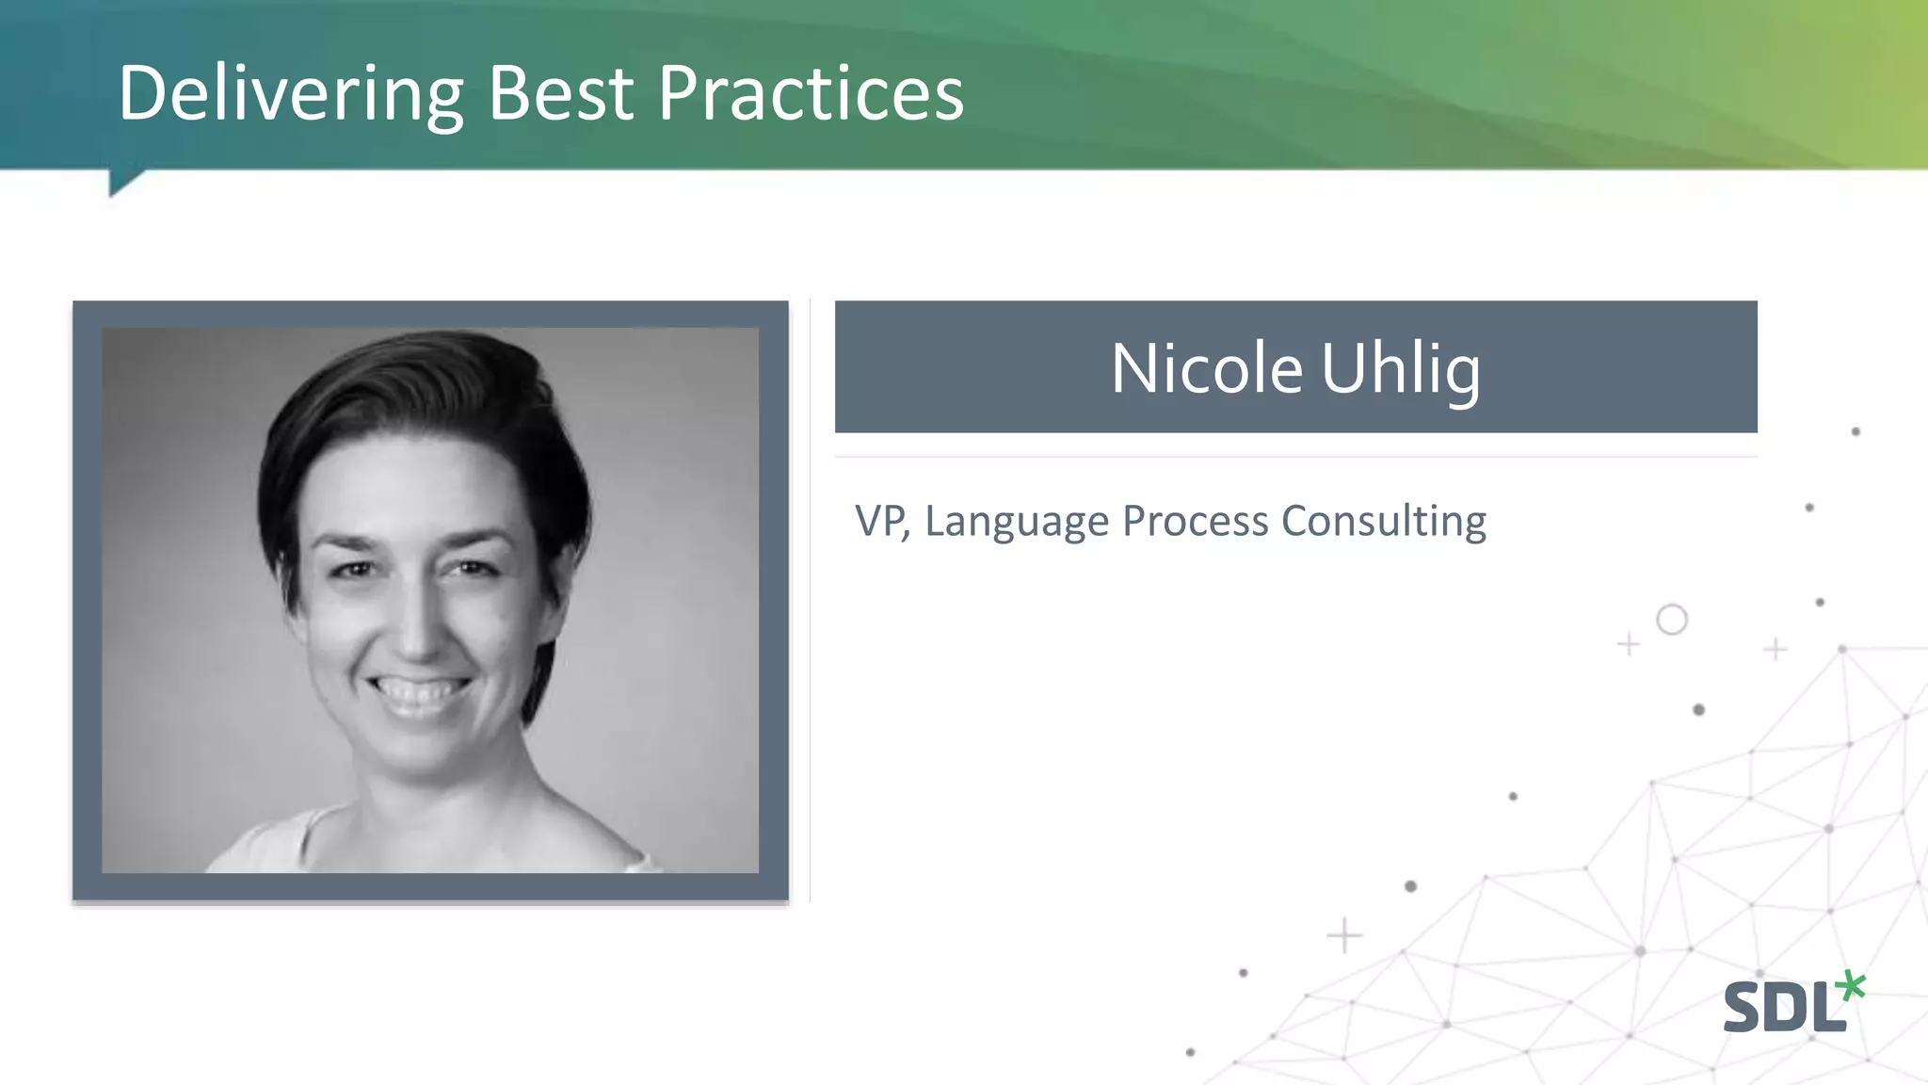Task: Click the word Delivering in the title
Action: click(x=290, y=94)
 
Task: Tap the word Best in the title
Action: click(x=561, y=94)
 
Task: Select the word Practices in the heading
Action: click(x=811, y=94)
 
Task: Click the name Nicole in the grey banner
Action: click(x=1206, y=368)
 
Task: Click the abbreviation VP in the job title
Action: click(x=880, y=521)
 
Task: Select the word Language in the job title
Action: click(x=1016, y=521)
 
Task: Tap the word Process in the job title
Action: click(x=1195, y=521)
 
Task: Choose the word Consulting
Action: click(x=1383, y=521)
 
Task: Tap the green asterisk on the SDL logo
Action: click(x=1851, y=986)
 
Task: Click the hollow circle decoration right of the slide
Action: click(x=1672, y=620)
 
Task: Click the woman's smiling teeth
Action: click(x=418, y=692)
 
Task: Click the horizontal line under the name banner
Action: click(x=1295, y=457)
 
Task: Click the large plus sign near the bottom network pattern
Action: click(x=1344, y=935)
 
